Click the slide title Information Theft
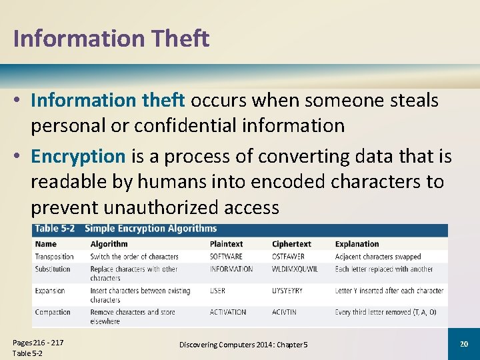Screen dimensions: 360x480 click(111, 38)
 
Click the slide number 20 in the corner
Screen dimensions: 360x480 click(464, 343)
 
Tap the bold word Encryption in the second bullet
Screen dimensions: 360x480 click(78, 157)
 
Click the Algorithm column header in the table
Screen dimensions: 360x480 click(109, 244)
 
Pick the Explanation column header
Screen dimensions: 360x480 click(357, 244)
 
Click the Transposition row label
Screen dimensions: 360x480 click(55, 257)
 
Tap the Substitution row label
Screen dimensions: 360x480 click(53, 269)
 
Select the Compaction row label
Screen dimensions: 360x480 click(53, 312)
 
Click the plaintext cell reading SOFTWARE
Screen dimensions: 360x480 click(227, 257)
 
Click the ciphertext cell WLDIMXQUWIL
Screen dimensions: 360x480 click(295, 269)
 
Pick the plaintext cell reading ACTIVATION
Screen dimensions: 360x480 click(228, 312)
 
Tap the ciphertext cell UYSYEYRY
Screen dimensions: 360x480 click(287, 291)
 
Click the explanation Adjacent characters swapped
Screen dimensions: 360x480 click(378, 257)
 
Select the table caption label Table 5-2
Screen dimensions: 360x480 click(56, 229)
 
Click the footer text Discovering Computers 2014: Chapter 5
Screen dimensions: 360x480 click(243, 344)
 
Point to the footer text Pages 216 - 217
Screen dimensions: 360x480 click(38, 343)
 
